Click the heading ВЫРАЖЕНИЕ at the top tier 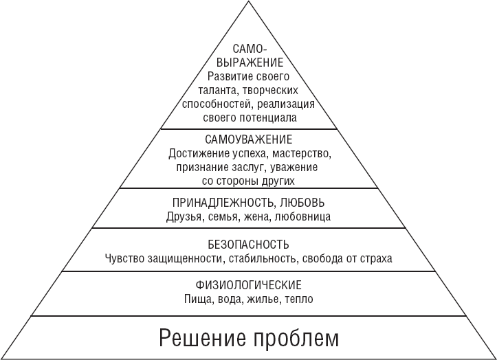click(x=250, y=63)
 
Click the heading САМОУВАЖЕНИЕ click(x=249, y=139)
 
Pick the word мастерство click(x=302, y=154)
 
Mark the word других click(x=278, y=181)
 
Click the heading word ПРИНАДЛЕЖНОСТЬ click(x=222, y=203)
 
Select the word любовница click(x=302, y=216)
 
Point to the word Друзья click(x=184, y=217)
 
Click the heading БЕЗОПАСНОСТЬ click(x=249, y=245)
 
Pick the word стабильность click(x=263, y=258)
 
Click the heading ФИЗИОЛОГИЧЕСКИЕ click(x=249, y=285)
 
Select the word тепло click(x=299, y=299)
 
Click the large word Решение click(x=202, y=338)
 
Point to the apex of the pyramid click(x=249, y=1)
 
